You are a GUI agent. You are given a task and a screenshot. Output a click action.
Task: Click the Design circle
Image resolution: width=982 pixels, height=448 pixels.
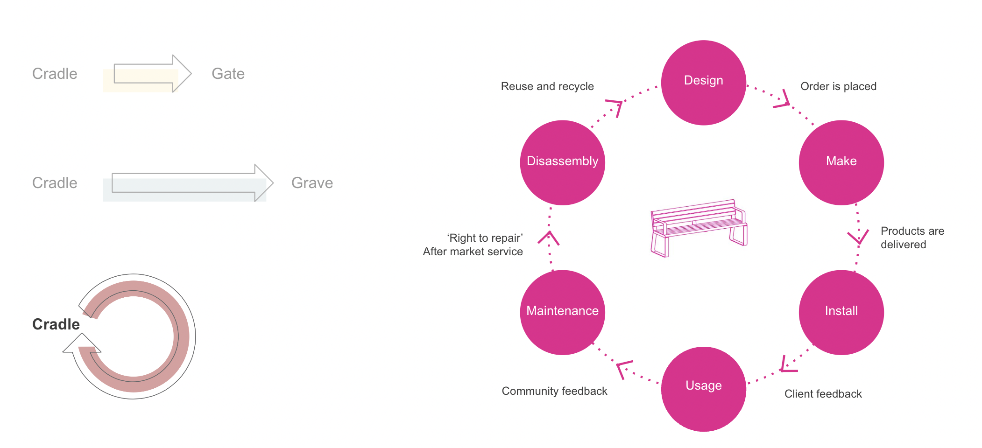click(x=703, y=83)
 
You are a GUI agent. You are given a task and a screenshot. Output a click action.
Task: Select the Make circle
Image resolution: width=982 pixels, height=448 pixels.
click(x=841, y=162)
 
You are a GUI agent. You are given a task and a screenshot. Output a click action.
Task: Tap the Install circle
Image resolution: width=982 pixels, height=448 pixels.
click(x=841, y=312)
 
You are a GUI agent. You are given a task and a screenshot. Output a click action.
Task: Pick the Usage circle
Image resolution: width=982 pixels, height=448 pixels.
click(x=703, y=389)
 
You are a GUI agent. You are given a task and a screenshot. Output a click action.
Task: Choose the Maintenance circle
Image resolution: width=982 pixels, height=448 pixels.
click(x=562, y=312)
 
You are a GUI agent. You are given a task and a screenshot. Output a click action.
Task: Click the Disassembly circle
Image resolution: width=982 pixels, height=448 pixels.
click(x=562, y=162)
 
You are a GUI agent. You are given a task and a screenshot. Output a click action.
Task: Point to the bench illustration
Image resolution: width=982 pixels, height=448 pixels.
click(x=699, y=228)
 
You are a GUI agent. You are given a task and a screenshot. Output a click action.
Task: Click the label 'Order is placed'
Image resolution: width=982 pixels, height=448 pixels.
click(x=838, y=86)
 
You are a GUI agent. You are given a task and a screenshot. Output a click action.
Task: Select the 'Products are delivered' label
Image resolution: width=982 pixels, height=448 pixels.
click(x=912, y=238)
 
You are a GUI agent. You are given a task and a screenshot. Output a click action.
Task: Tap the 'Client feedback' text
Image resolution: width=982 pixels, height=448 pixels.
click(x=823, y=394)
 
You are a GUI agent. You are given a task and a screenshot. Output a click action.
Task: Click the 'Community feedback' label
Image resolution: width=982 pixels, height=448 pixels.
click(x=554, y=391)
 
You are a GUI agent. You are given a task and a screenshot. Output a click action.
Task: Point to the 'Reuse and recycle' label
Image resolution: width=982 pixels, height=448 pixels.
click(x=547, y=86)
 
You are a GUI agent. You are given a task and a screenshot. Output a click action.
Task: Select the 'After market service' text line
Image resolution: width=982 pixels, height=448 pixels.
click(x=473, y=252)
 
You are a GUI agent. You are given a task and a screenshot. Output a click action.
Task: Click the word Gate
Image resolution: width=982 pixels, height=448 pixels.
click(x=228, y=74)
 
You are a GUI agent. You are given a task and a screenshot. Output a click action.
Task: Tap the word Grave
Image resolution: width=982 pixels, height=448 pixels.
click(x=312, y=183)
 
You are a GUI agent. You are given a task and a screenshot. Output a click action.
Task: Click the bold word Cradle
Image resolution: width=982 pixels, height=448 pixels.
click(x=56, y=324)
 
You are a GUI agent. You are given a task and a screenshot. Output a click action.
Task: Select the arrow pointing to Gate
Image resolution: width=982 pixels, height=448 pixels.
click(x=153, y=74)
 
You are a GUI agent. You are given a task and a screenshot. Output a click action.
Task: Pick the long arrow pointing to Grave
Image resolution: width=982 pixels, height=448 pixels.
click(x=192, y=183)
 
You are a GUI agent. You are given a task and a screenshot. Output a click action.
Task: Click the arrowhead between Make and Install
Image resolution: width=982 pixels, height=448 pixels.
click(x=858, y=237)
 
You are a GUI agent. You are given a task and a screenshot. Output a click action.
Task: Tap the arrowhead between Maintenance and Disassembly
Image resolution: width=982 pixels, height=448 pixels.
click(x=549, y=238)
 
